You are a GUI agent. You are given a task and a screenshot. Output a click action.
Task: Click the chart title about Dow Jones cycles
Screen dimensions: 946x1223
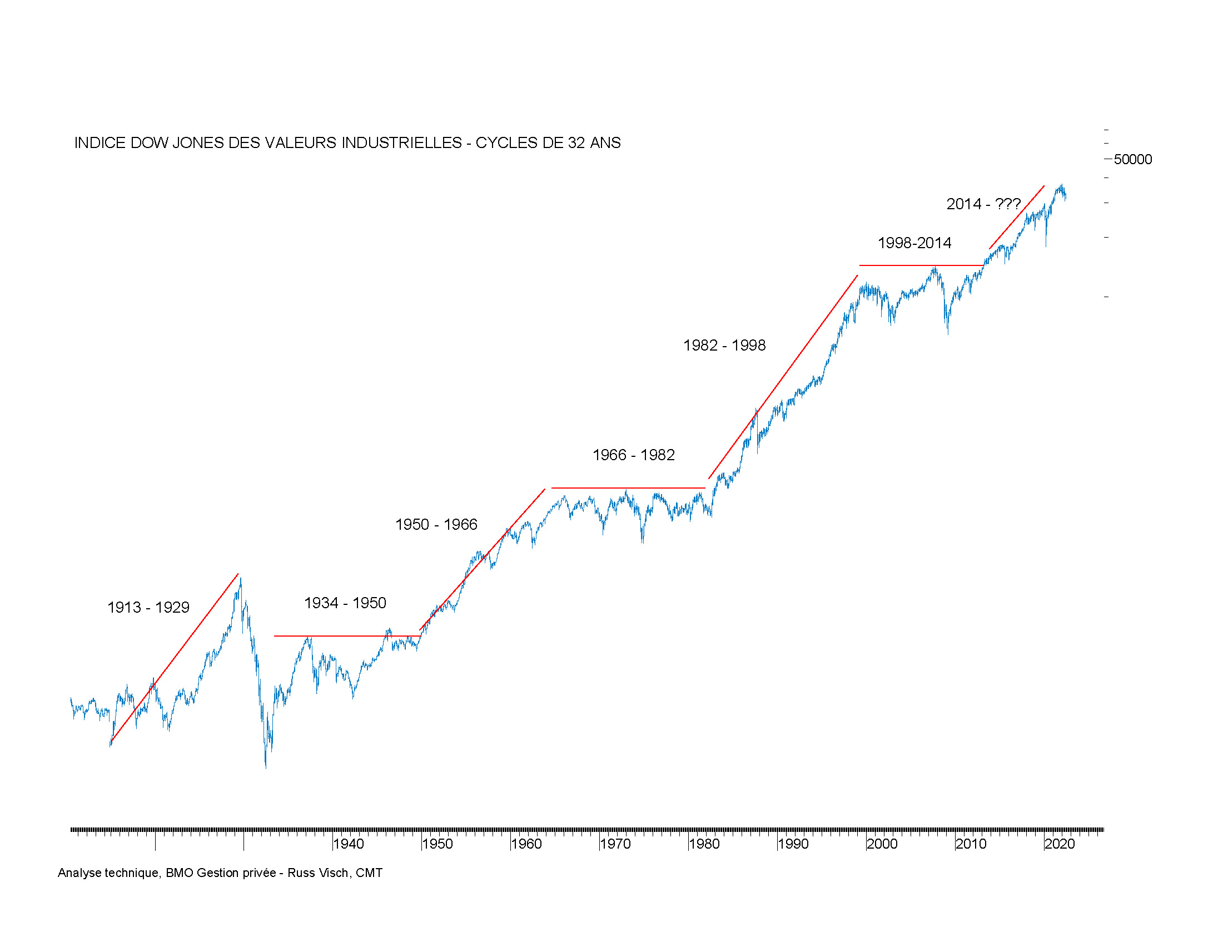point(347,143)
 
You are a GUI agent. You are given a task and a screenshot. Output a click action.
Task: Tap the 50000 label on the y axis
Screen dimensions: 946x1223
point(1132,160)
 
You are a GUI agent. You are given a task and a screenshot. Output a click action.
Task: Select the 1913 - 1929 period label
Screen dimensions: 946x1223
point(148,608)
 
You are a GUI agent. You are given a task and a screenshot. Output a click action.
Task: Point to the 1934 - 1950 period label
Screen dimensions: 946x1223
point(345,603)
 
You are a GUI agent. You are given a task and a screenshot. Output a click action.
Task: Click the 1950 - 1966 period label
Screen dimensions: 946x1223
point(436,525)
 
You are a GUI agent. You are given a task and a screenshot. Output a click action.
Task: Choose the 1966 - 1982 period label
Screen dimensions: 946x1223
point(633,455)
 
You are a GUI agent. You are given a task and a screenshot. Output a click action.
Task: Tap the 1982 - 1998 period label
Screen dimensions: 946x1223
point(724,345)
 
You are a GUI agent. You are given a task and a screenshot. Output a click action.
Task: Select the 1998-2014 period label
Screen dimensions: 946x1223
point(914,243)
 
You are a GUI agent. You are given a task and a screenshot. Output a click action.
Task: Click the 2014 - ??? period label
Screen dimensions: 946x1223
point(983,204)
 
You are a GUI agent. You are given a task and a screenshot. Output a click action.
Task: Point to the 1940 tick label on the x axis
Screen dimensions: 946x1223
point(349,844)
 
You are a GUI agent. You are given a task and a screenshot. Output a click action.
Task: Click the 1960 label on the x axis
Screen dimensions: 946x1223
point(526,844)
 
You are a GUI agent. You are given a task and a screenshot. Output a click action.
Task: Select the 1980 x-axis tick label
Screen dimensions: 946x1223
point(704,844)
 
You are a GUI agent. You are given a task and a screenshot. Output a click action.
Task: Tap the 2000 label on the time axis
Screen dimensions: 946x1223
point(882,844)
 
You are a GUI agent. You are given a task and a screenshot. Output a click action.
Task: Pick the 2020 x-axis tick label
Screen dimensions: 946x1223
point(1060,844)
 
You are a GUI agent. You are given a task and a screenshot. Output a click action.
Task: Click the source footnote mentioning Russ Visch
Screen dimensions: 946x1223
point(220,873)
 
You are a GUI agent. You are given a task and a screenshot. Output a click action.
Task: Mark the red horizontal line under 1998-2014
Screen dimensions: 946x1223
point(921,265)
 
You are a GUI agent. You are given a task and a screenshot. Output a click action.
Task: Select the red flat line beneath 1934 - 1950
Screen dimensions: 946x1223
point(347,636)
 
